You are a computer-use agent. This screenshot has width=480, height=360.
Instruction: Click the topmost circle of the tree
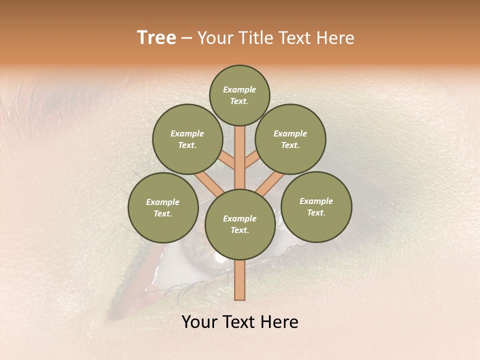point(239,95)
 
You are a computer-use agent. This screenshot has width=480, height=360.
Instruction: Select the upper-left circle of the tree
point(187,139)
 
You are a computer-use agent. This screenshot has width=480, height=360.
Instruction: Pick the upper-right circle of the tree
point(290,139)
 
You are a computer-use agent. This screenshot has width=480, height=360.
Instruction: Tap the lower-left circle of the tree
point(163,207)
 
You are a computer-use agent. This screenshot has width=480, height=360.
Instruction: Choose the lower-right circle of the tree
point(316,206)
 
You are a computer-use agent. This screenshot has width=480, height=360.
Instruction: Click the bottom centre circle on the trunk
point(240,224)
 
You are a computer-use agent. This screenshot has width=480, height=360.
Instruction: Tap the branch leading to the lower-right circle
point(270,182)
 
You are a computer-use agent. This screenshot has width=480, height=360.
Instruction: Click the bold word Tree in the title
point(156,38)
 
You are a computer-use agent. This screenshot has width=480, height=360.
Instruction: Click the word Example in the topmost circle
point(239,89)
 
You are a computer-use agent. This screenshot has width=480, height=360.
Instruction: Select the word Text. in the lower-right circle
point(316,212)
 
